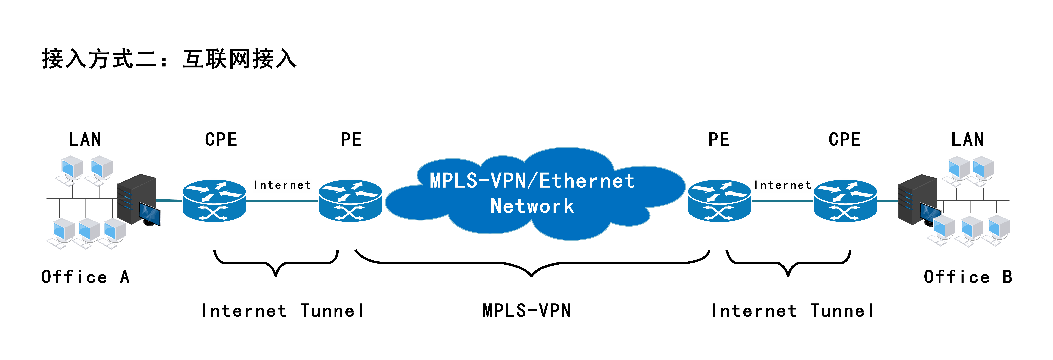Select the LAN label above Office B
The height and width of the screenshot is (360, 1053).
click(968, 139)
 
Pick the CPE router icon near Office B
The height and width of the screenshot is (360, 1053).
click(845, 201)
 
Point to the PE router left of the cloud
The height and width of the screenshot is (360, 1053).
click(350, 201)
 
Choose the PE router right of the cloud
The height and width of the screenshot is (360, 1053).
click(720, 201)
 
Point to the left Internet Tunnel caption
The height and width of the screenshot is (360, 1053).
click(282, 311)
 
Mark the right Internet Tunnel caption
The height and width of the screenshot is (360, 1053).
click(792, 311)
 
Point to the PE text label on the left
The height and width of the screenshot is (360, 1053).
click(351, 139)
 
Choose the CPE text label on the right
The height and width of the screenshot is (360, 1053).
click(845, 139)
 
